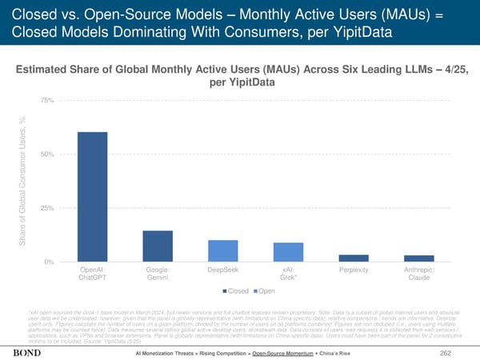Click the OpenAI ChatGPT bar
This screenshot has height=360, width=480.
click(92, 197)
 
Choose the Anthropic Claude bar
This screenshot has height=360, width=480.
click(418, 258)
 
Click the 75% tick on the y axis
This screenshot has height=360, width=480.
click(46, 100)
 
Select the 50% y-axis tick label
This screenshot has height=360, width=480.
click(46, 154)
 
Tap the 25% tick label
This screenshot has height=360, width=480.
click(46, 208)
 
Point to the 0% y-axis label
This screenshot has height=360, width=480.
click(48, 262)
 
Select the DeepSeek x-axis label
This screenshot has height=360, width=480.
click(222, 270)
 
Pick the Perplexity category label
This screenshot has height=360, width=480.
click(353, 270)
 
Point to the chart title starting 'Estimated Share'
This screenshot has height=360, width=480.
click(239, 74)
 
